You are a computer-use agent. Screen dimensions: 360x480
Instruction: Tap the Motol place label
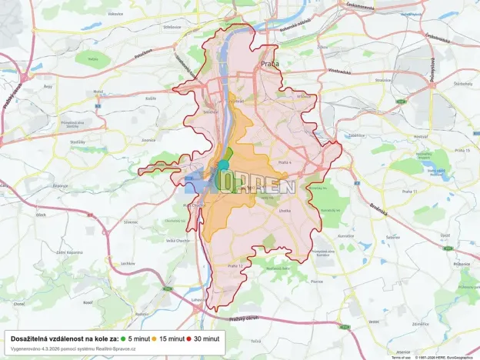click(98, 92)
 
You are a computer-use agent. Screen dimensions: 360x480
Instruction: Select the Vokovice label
click(115, 14)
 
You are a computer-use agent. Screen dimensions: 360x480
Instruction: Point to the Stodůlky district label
click(78, 142)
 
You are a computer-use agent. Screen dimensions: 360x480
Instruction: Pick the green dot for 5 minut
click(123, 338)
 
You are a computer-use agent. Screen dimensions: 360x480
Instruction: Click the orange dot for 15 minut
click(155, 338)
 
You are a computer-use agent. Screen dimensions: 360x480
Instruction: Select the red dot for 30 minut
click(188, 338)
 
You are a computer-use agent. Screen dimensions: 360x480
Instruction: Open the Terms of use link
click(400, 357)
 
